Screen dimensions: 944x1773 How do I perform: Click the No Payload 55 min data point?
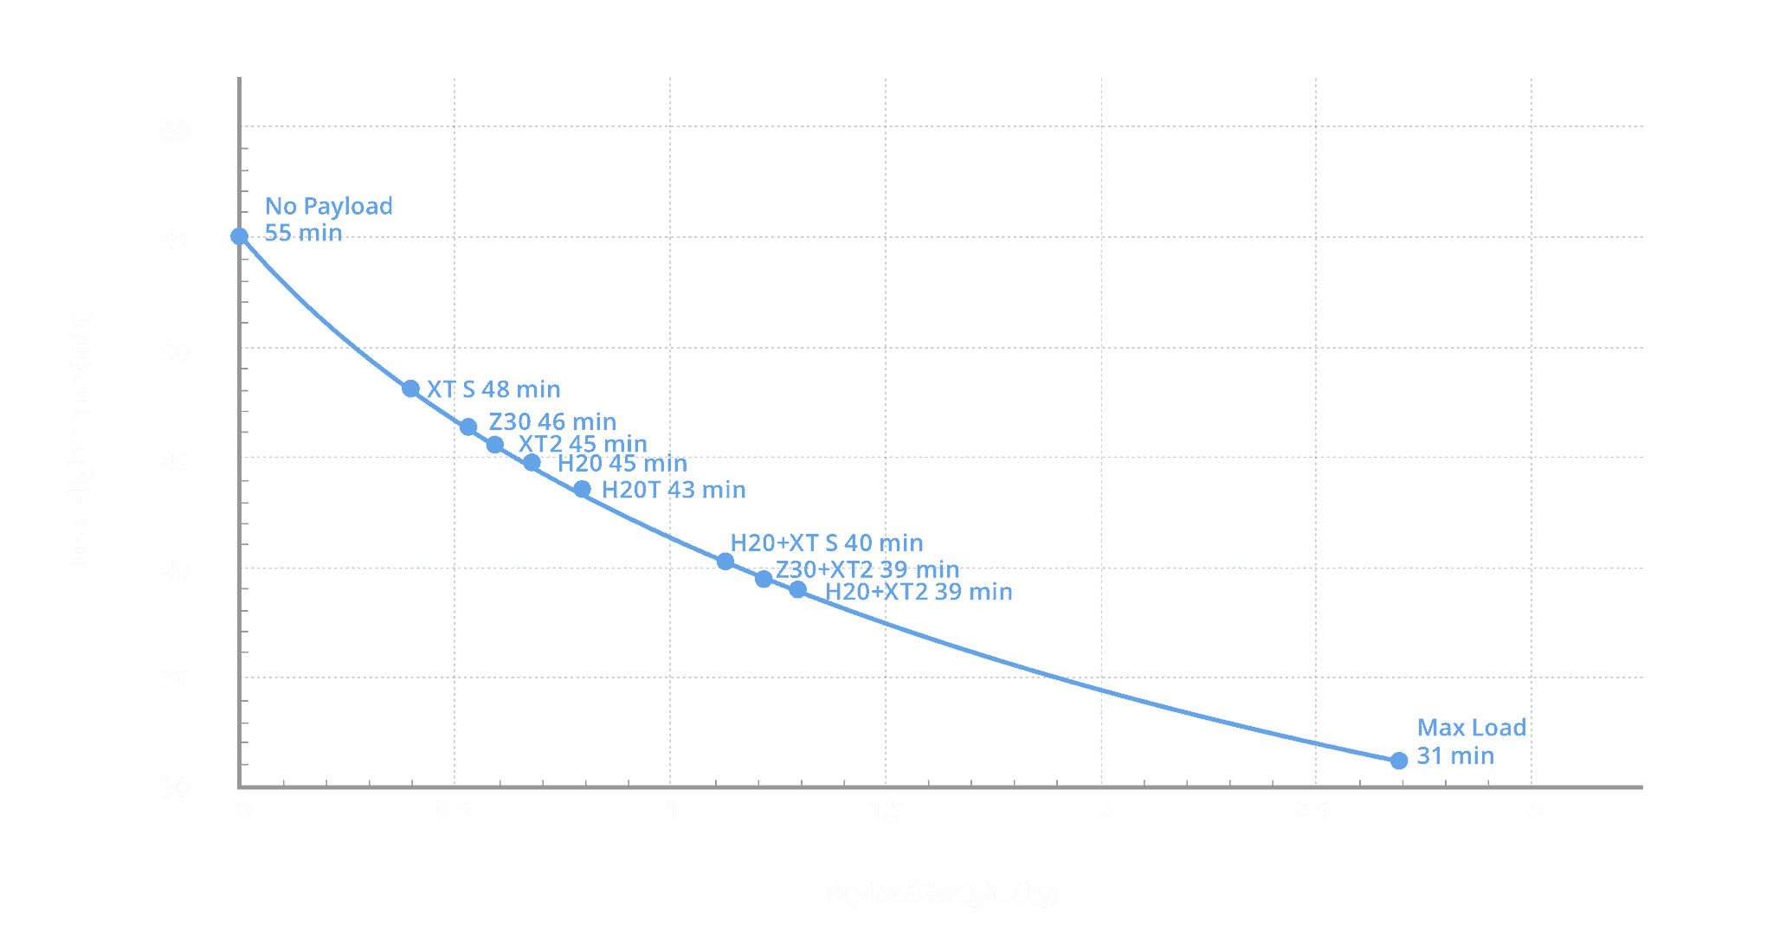tap(240, 236)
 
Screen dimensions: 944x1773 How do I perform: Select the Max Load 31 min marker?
tap(1398, 761)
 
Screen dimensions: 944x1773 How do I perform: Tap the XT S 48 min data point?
tap(411, 389)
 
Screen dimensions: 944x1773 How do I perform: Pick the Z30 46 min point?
tap(468, 427)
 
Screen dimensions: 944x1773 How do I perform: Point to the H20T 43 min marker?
tap(583, 490)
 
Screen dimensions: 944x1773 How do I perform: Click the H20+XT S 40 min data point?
tap(725, 562)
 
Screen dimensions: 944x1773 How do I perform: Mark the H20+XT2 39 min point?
tap(797, 590)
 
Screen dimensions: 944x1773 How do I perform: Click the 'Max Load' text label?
tap(1472, 728)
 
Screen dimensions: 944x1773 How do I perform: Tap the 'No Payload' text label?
tap(329, 206)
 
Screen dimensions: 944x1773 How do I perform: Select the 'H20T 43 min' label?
tap(674, 490)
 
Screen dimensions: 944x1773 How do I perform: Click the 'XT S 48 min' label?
tap(494, 389)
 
